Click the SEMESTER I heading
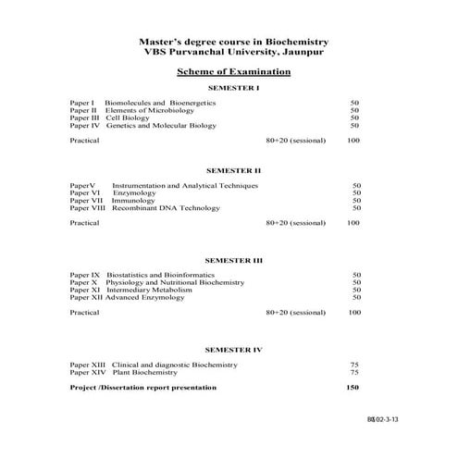(233, 87)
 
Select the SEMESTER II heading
(233, 170)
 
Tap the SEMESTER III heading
(233, 260)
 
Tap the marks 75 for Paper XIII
(354, 365)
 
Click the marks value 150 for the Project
(353, 387)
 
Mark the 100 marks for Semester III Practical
(353, 313)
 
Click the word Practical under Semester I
(84, 141)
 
